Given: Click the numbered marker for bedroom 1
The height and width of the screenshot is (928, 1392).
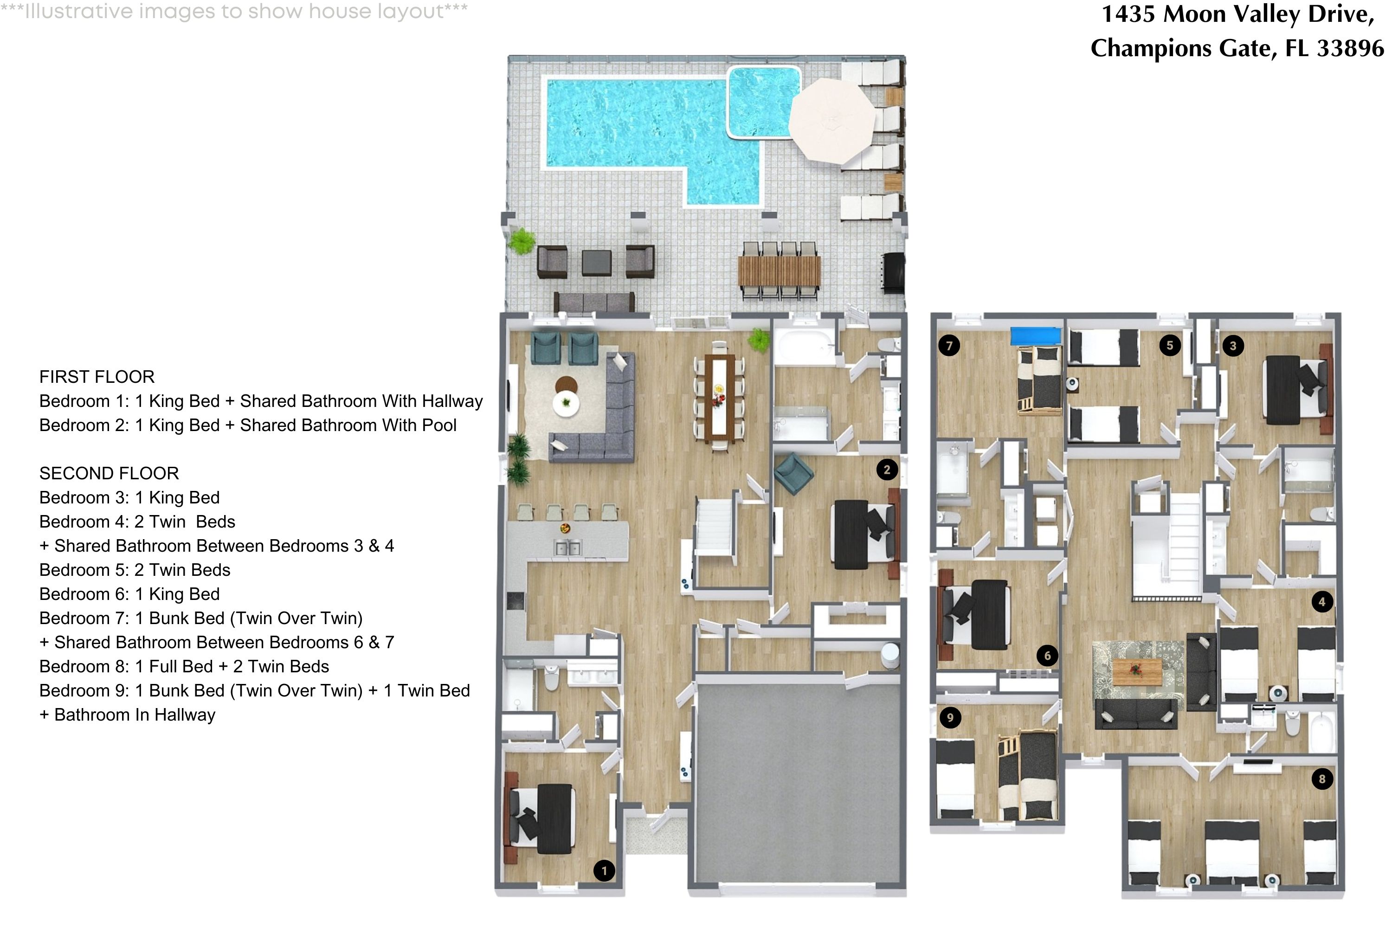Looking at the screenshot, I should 604,870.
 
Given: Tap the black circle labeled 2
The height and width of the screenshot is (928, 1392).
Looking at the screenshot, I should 887,470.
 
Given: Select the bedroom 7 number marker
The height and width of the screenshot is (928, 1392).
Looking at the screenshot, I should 949,346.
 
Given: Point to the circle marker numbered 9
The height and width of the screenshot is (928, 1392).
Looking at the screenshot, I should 950,718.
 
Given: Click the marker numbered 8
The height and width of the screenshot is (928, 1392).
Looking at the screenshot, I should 1322,779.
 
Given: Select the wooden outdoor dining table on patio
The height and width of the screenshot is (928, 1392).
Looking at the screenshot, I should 780,270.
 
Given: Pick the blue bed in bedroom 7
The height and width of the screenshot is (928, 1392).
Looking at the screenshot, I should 1035,335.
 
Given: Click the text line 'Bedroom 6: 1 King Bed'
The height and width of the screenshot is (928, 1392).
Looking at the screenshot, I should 129,594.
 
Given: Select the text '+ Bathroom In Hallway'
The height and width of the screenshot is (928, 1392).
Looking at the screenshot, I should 127,715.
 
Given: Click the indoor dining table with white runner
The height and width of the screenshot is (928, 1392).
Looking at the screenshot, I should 719,397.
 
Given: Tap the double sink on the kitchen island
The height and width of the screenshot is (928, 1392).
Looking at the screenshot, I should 567,548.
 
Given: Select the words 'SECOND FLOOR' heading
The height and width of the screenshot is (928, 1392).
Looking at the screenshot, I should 109,473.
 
